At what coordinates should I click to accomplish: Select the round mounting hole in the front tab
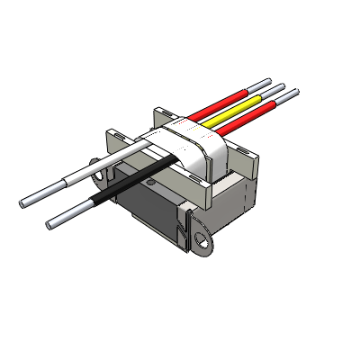tap(200, 238)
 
